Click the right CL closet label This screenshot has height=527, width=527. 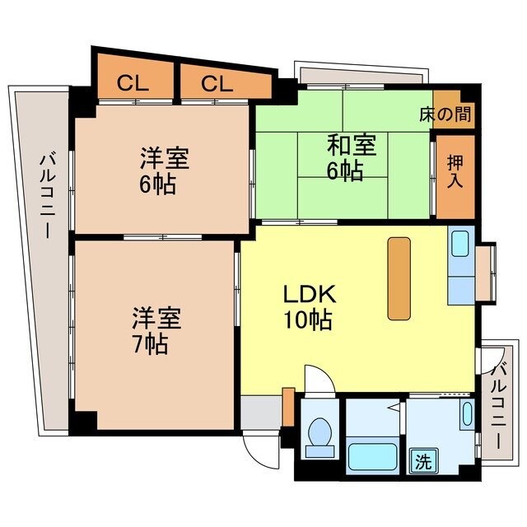click(218, 83)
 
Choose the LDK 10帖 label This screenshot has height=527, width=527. click(308, 306)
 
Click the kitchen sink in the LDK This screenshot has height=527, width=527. click(459, 243)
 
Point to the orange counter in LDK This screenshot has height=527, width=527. click(399, 277)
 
